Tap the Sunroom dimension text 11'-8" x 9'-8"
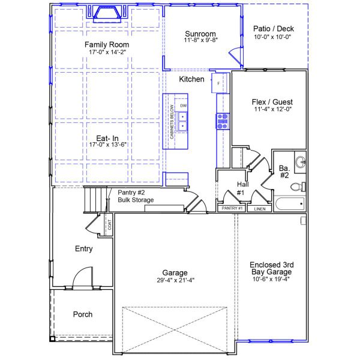click(x=200, y=40)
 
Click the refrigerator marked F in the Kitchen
click(x=219, y=83)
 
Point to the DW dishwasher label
click(x=184, y=106)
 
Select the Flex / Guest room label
click(x=272, y=102)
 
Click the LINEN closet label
click(x=259, y=209)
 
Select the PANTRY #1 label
click(x=232, y=208)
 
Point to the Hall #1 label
click(x=240, y=188)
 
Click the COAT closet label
click(x=109, y=225)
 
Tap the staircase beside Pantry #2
click(x=93, y=199)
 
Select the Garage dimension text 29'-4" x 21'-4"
click(x=175, y=280)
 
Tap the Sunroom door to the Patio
click(x=235, y=58)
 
